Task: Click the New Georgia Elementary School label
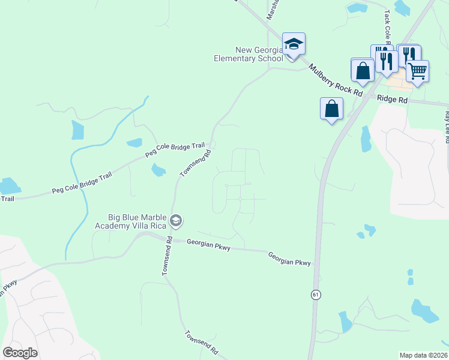tap(249, 55)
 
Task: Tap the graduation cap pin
tap(294, 44)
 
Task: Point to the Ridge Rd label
tap(393, 100)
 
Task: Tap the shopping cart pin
tap(417, 71)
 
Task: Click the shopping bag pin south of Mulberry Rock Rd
tap(331, 109)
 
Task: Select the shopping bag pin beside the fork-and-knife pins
tap(363, 70)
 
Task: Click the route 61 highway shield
tap(315, 295)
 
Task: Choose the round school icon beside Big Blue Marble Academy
tap(175, 221)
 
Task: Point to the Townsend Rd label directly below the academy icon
tap(167, 257)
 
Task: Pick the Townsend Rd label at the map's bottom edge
tap(200, 343)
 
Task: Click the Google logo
tap(20, 353)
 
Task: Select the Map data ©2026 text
tap(423, 355)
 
